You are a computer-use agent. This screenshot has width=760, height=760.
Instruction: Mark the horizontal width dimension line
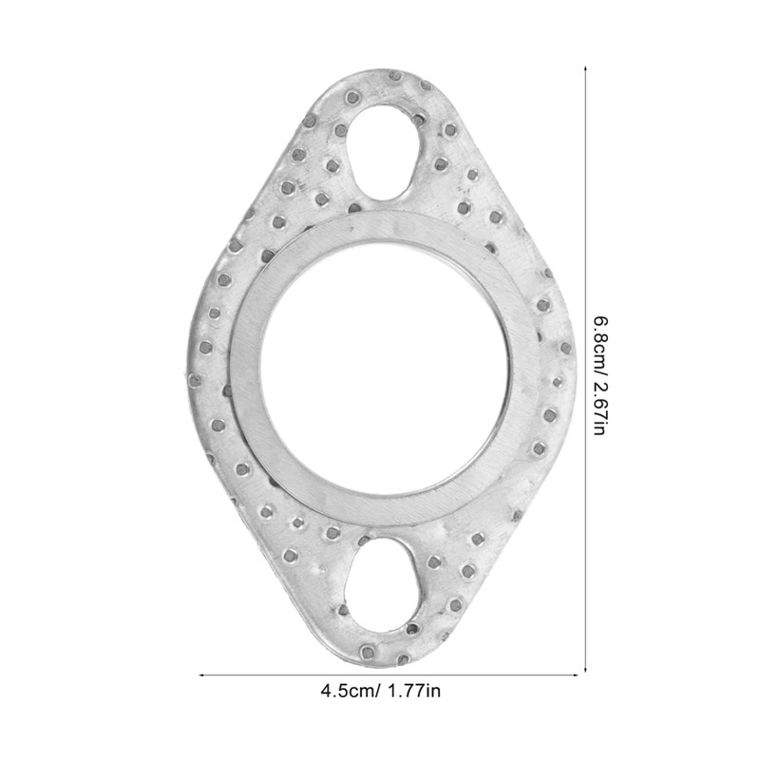(285, 674)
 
